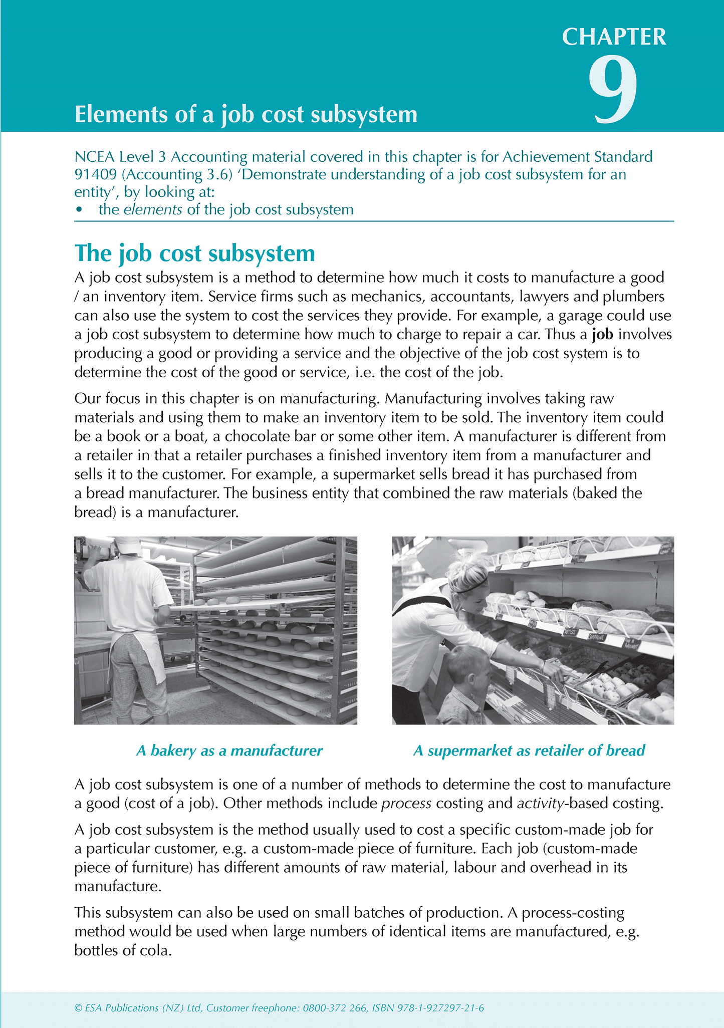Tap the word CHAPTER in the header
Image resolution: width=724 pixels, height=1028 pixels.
click(x=614, y=37)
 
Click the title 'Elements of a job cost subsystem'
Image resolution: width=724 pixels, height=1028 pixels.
click(x=246, y=115)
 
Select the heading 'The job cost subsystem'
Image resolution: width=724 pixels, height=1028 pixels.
click(x=194, y=253)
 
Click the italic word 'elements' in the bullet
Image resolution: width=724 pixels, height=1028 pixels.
click(x=153, y=209)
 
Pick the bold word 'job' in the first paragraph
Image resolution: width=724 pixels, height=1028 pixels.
click(x=602, y=335)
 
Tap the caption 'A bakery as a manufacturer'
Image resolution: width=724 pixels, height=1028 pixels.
click(x=229, y=750)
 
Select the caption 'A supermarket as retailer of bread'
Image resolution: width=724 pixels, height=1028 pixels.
click(x=529, y=750)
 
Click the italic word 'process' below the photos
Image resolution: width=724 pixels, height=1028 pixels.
click(x=406, y=804)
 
